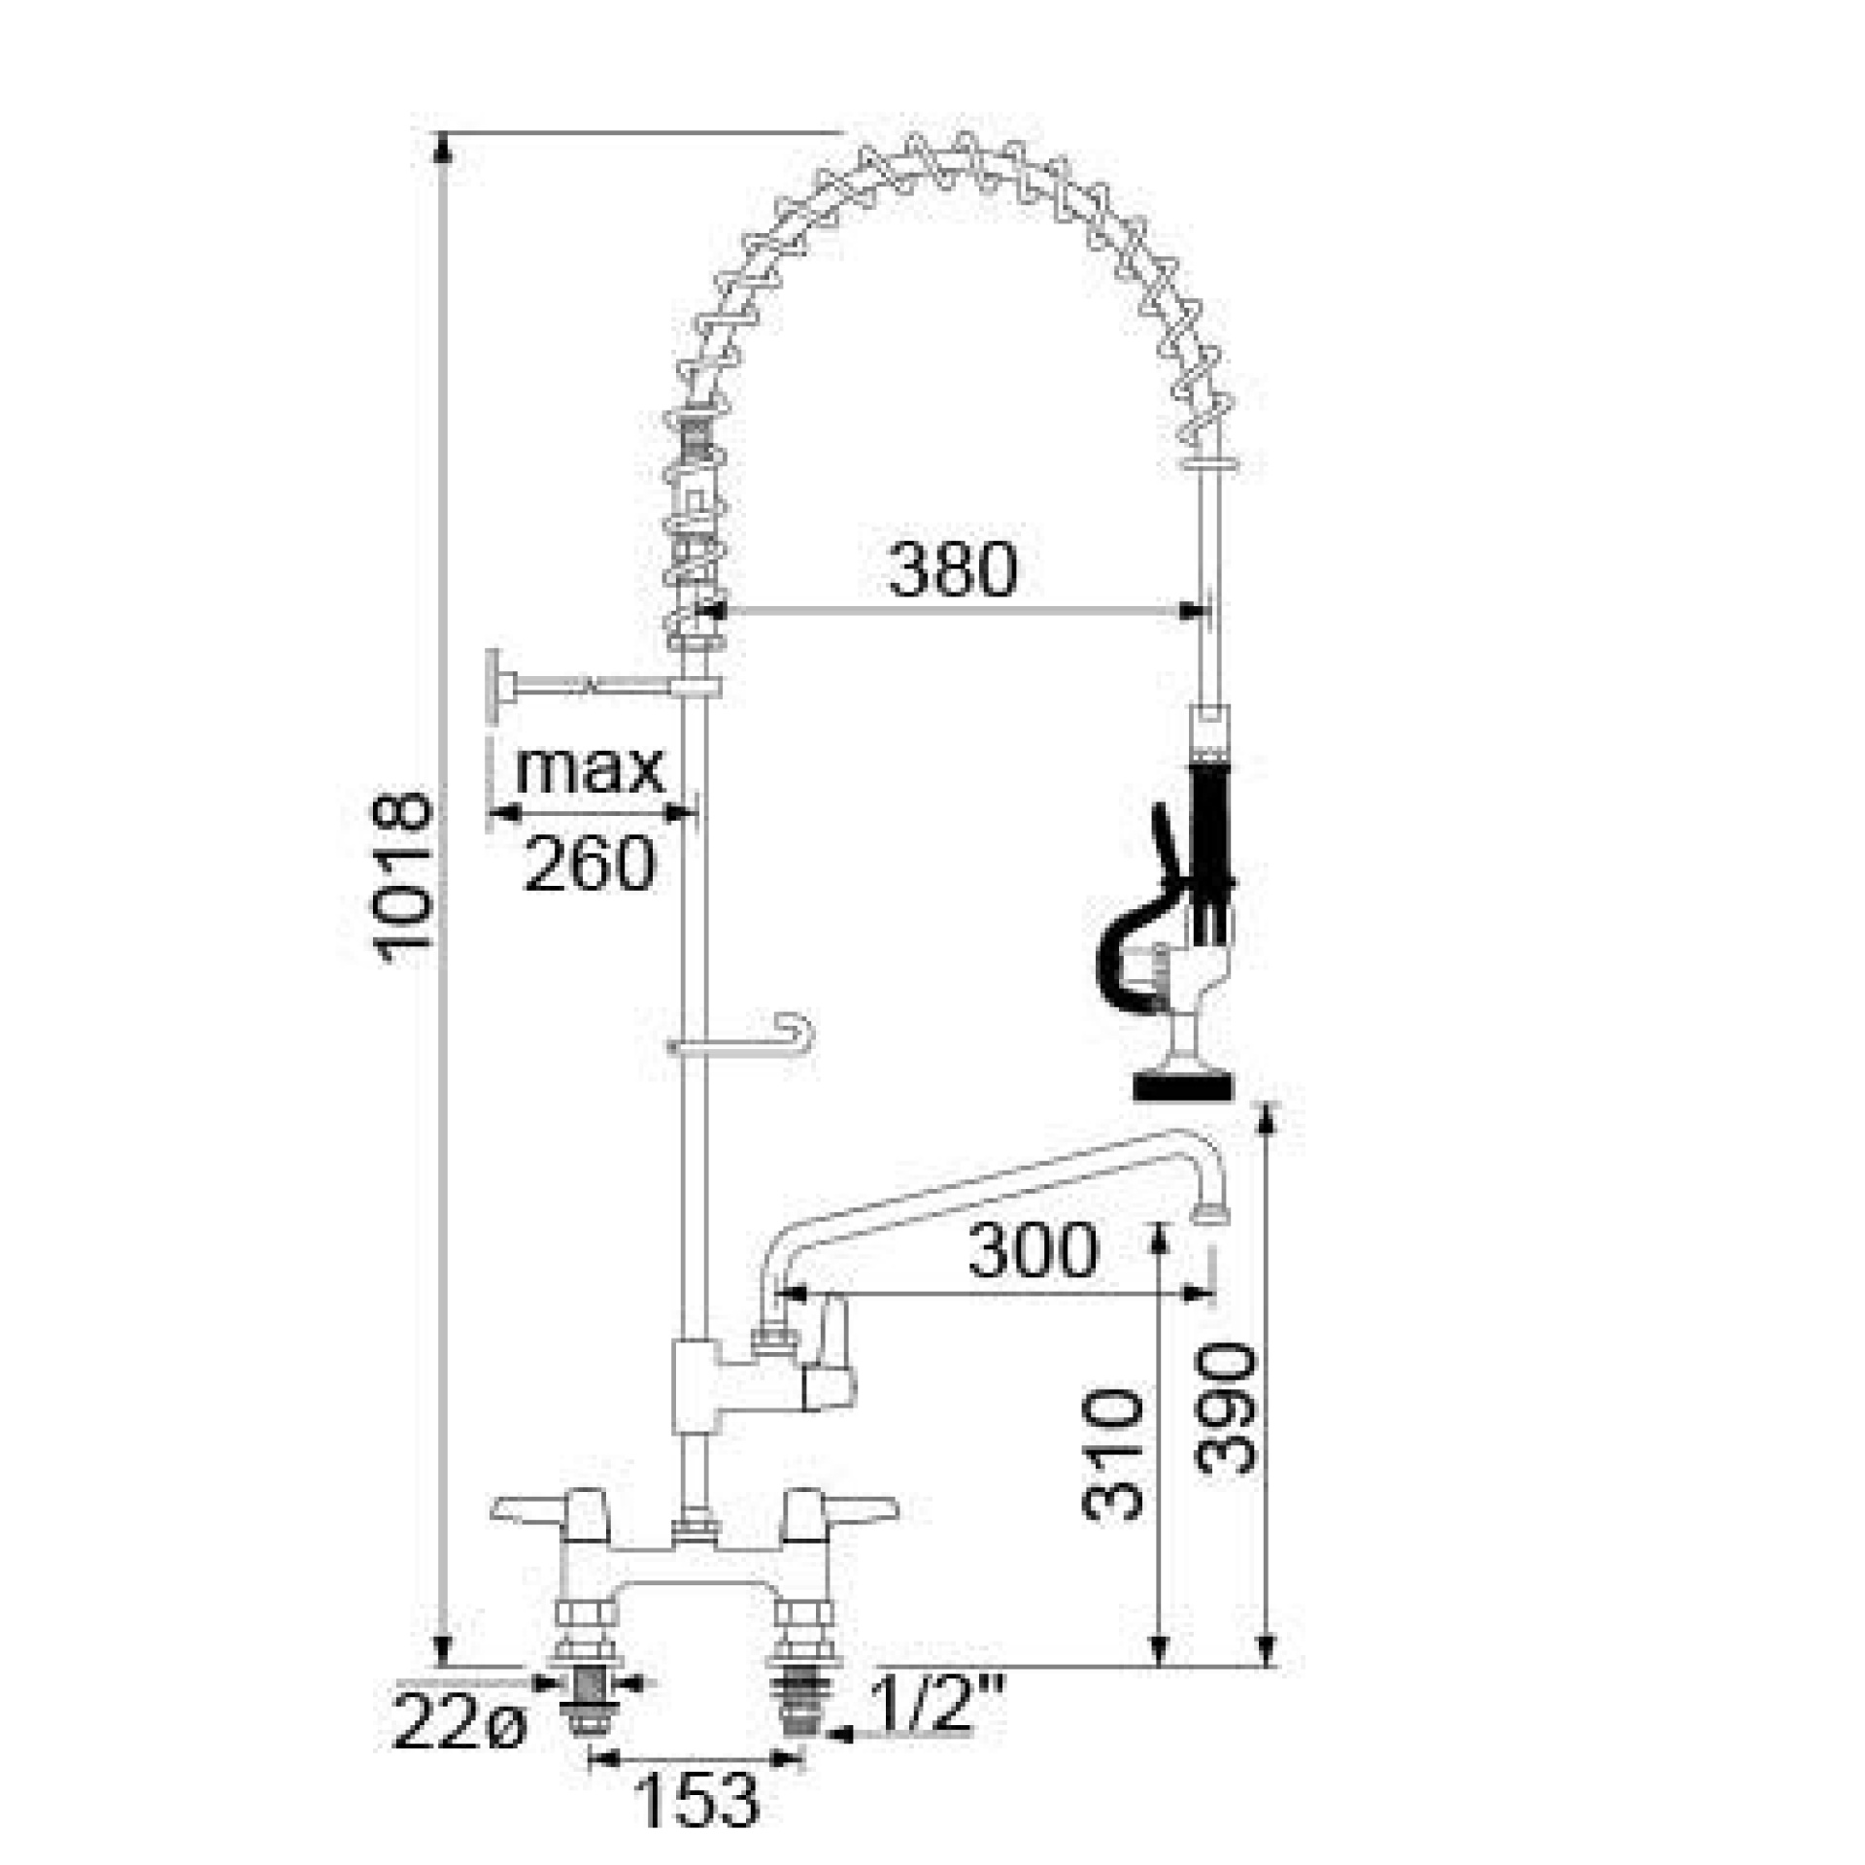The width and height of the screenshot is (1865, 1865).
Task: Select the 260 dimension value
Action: pyautogui.click(x=590, y=863)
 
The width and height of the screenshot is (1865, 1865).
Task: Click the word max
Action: pyautogui.click(x=590, y=769)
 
